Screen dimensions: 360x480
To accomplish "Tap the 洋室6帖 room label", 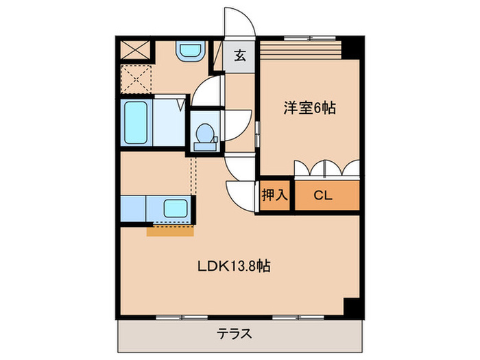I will tap(310, 108).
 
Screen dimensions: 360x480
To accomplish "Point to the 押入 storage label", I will tap(274, 195).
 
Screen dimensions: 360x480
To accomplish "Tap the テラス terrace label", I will tap(235, 335).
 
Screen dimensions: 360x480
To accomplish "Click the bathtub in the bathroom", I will tap(136, 124).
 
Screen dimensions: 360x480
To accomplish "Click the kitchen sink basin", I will tap(177, 208).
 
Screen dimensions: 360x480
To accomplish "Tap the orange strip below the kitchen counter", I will tap(170, 230).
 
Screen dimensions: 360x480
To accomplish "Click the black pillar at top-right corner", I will tap(352, 47).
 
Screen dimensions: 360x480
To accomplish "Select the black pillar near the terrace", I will tap(350, 308).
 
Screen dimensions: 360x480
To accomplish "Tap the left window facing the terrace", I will tap(182, 317).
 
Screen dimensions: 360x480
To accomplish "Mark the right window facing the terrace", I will tap(297, 317).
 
